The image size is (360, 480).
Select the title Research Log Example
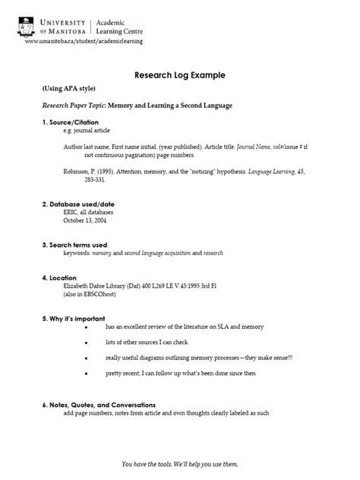180,76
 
